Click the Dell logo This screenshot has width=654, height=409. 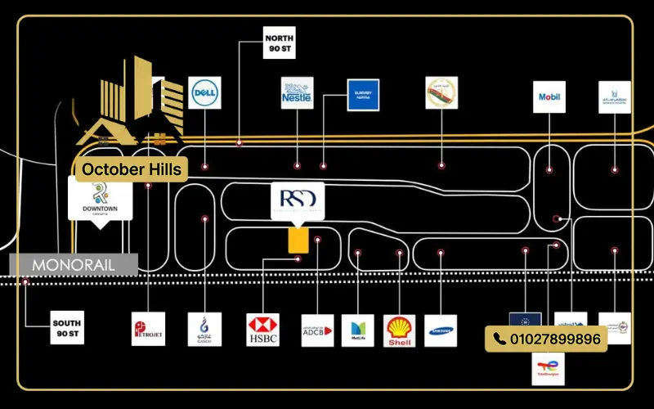tap(204, 93)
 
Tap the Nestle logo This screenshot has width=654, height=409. tap(297, 93)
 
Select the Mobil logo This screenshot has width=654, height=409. tap(549, 97)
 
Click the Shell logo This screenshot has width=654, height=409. tap(399, 330)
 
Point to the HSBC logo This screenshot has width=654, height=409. tap(263, 329)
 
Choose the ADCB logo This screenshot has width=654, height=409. tap(317, 330)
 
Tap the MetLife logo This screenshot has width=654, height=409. tap(357, 330)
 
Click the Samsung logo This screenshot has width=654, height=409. tap(441, 330)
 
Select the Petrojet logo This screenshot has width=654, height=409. tap(148, 329)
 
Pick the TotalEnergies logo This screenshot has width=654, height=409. tap(548, 369)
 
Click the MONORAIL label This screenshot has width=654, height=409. tap(74, 265)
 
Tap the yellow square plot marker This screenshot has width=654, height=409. tap(298, 240)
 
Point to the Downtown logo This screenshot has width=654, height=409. tap(100, 200)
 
